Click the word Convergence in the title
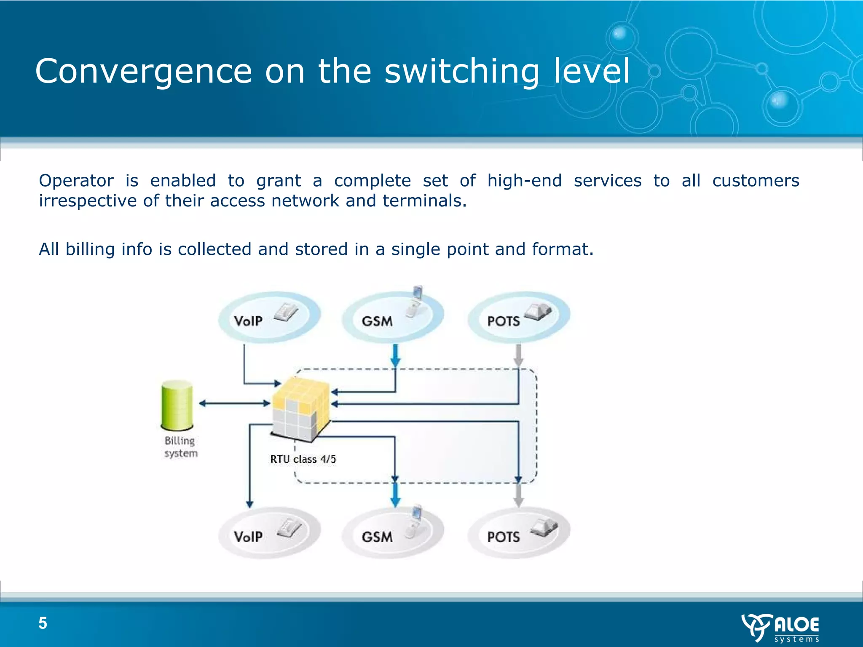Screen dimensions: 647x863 click(x=143, y=72)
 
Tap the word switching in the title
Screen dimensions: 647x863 click(x=462, y=72)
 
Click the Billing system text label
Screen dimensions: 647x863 click(x=181, y=447)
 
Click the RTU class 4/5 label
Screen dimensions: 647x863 click(x=303, y=459)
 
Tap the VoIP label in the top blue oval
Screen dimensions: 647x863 click(x=248, y=321)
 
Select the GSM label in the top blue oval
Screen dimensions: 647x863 click(x=377, y=321)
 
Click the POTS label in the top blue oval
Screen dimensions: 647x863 click(x=503, y=321)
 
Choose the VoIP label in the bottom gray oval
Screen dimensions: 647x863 click(x=248, y=537)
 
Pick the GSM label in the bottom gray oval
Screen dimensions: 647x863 click(x=377, y=537)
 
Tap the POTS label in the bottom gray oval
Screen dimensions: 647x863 click(x=503, y=537)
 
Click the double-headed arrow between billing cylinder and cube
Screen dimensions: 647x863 click(x=234, y=404)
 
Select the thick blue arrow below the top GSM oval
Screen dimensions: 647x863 click(x=395, y=356)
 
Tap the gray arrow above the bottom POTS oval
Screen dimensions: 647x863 click(x=519, y=495)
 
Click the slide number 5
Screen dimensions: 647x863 click(x=43, y=623)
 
